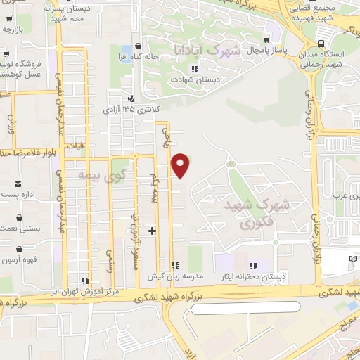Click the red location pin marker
pyautogui.click(x=181, y=165)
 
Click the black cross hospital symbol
pyautogui.click(x=152, y=230)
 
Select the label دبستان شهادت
pyautogui.click(x=195, y=79)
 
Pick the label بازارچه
pyautogui.click(x=13, y=30)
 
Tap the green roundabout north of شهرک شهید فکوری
pyautogui.click(x=230, y=164)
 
